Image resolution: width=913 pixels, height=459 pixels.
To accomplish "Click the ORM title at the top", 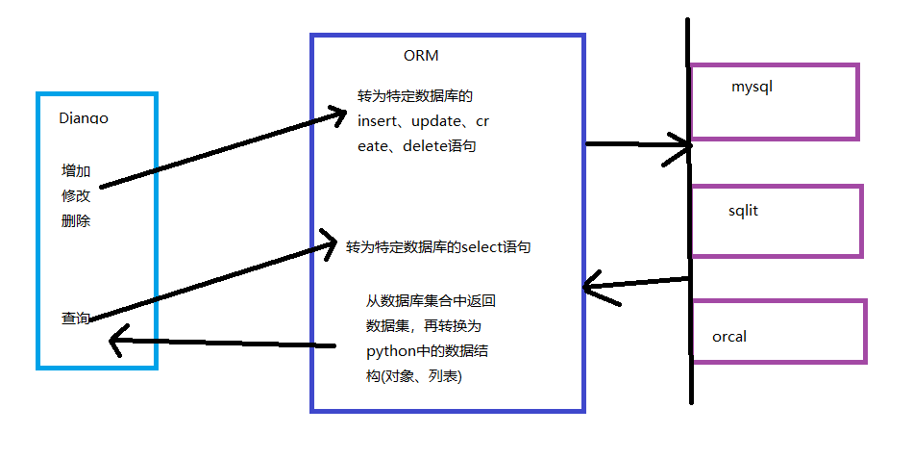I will coord(421,56).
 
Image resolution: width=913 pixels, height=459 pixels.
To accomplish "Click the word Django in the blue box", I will coord(84,119).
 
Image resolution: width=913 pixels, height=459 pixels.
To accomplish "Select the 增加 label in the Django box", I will coord(76,171).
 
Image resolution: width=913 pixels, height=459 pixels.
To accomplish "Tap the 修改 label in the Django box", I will coord(76,195).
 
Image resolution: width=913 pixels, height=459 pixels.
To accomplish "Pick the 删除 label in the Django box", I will coord(76,220).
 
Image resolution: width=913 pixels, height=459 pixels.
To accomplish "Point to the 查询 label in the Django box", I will coord(76,319).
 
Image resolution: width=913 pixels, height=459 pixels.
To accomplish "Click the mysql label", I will coord(753,87).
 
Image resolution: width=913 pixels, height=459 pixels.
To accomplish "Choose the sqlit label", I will coord(743,210).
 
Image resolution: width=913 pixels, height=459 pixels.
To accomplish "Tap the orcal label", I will coord(729,337).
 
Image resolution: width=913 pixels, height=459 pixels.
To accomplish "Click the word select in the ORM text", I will coord(481,247).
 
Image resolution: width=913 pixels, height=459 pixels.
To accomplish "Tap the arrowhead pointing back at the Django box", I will coord(116,340).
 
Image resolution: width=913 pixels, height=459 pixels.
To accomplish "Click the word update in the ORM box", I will coord(439,122).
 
